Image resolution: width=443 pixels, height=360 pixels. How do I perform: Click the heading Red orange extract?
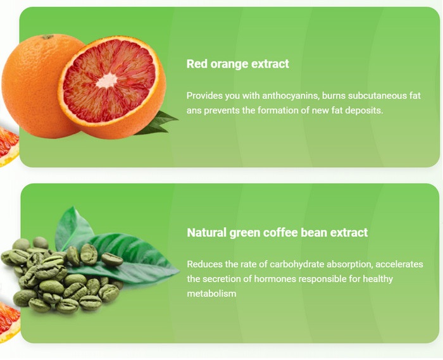point(237,64)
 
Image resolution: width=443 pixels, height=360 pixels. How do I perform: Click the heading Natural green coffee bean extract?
point(277,233)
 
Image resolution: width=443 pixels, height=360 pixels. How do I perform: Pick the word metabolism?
point(211,294)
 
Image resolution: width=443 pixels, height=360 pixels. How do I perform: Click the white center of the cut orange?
point(107,81)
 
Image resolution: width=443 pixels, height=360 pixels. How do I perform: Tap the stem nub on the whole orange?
point(47,37)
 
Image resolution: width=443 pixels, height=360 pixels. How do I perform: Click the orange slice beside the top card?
point(8,146)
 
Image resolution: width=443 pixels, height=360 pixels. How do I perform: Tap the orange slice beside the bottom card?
point(9,322)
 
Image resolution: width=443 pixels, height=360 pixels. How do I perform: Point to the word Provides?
point(204,96)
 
